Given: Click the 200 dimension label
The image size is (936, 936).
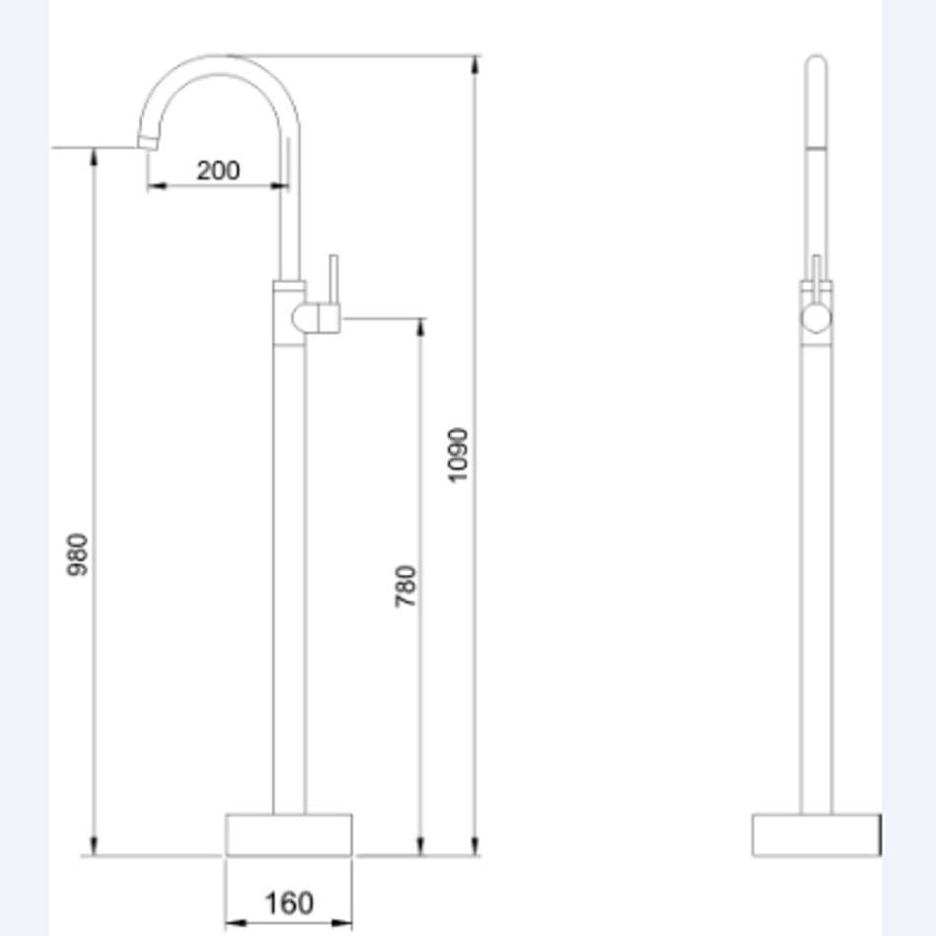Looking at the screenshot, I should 218,170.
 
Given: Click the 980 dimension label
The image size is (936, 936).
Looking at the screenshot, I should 79,555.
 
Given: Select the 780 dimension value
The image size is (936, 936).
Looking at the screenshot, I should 405,585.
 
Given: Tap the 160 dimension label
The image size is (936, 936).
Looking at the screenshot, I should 289,902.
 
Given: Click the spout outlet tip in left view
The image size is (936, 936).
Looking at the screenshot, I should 148,143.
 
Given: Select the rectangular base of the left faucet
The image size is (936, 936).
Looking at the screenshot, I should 289,834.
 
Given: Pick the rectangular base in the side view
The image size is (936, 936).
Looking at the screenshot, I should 816,834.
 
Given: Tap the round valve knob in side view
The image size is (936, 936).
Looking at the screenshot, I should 816,317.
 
